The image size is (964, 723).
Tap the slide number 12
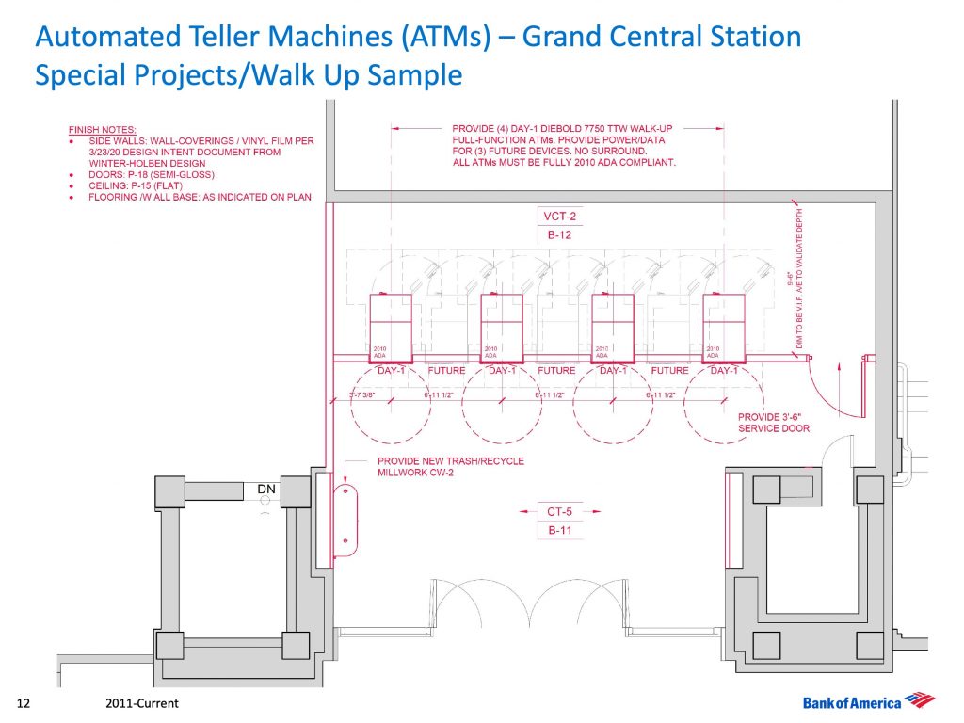25,703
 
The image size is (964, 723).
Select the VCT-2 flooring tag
559,217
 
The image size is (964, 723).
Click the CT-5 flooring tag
559,512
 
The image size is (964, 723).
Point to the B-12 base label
559,235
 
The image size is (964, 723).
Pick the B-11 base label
559,531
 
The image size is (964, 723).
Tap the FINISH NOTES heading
103,128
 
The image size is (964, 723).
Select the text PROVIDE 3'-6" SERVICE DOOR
774,422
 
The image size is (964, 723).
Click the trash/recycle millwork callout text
450,467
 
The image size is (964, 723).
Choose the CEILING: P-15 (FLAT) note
140,185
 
